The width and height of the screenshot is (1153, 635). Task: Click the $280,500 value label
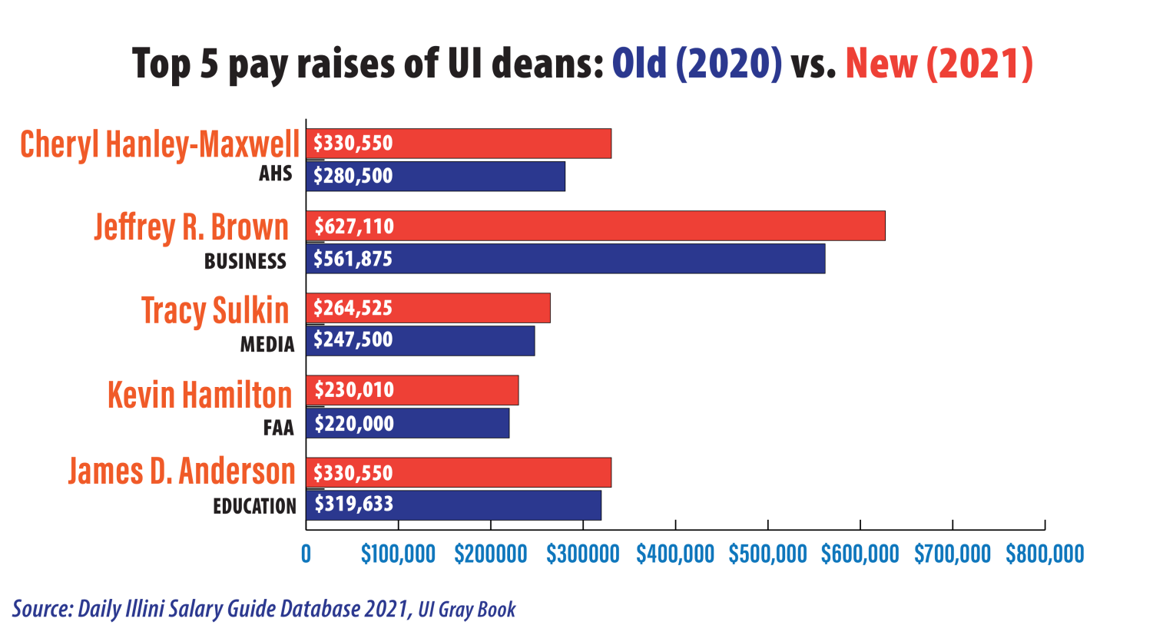[x=353, y=176]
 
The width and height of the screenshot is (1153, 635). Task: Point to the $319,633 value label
[x=353, y=504]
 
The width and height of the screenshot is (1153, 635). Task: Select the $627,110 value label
[x=353, y=227]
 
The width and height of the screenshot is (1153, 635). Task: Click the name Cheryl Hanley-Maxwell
[x=160, y=144]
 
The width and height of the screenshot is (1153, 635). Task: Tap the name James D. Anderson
[x=182, y=471]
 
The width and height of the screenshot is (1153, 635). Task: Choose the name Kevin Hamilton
[x=200, y=395]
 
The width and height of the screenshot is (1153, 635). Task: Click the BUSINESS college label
[x=245, y=262]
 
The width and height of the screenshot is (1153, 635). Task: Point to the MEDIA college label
[x=267, y=345]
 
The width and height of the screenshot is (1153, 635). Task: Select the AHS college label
[x=275, y=174]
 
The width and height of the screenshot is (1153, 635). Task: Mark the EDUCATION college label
[x=254, y=507]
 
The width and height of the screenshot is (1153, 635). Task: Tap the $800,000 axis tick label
[x=1045, y=554]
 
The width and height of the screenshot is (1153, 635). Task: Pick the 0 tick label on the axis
[x=306, y=554]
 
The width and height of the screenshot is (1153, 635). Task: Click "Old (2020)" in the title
[x=696, y=63]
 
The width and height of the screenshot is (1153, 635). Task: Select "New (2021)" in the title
[x=939, y=63]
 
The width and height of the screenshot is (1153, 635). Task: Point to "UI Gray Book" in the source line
[x=467, y=610]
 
